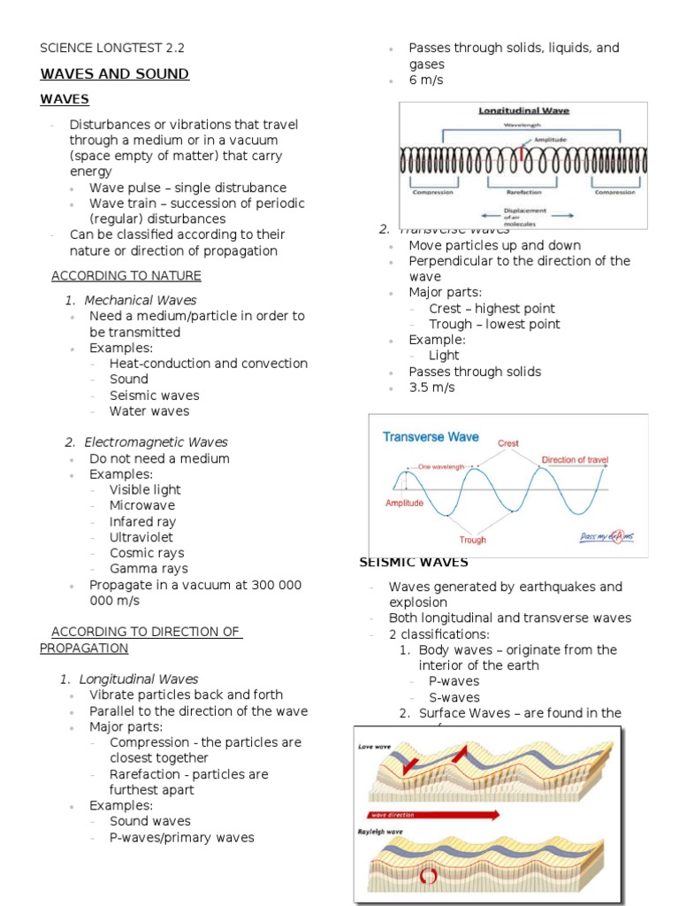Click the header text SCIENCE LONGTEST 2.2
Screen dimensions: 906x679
click(x=112, y=48)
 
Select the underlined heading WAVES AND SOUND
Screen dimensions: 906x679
click(x=114, y=74)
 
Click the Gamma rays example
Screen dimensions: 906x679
click(x=149, y=569)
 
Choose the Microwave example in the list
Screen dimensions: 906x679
click(x=142, y=505)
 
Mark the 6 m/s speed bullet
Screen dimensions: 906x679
click(x=426, y=81)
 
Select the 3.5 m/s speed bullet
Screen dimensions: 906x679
click(x=431, y=388)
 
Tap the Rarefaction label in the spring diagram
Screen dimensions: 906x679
click(x=523, y=191)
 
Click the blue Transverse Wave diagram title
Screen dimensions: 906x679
click(x=431, y=436)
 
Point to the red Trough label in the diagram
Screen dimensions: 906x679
click(x=472, y=540)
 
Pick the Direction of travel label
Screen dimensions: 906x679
click(x=575, y=460)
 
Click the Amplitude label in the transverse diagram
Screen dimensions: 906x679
click(x=404, y=503)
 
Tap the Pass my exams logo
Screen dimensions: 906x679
click(x=607, y=536)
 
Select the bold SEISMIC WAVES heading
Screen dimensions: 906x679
click(x=413, y=563)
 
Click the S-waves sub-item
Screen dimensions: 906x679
click(x=454, y=697)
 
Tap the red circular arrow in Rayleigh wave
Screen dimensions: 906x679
click(x=431, y=876)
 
